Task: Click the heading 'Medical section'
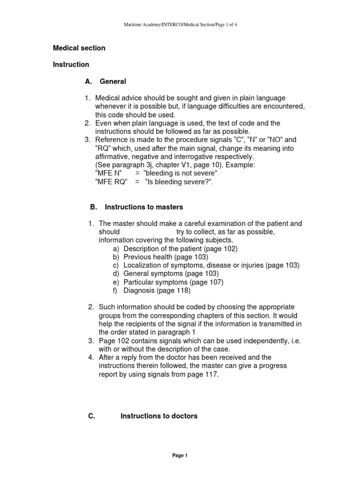click(79, 48)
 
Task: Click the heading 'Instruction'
click(71, 64)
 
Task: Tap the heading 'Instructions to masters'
click(144, 207)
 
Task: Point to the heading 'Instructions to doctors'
click(159, 416)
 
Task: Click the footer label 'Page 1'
click(180, 456)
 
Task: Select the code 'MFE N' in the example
click(105, 173)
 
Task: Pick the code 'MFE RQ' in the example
click(108, 181)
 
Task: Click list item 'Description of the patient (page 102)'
click(180, 248)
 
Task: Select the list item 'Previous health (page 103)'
click(165, 257)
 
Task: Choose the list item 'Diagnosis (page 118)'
click(157, 290)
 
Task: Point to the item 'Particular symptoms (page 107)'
click(173, 282)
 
